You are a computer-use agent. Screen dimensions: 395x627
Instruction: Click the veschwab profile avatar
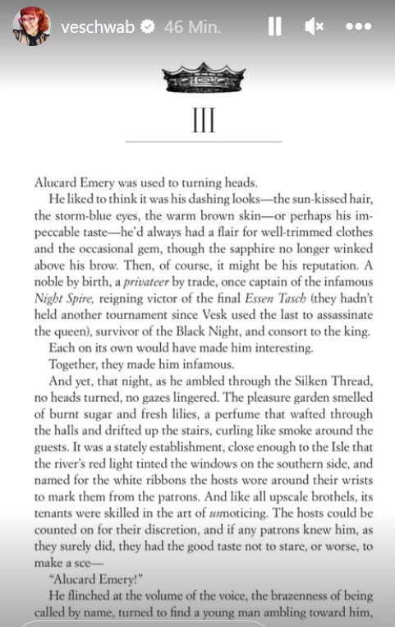pos(31,26)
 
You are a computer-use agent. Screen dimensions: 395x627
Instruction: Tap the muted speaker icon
pos(315,27)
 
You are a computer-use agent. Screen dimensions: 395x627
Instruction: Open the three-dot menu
pos(359,27)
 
